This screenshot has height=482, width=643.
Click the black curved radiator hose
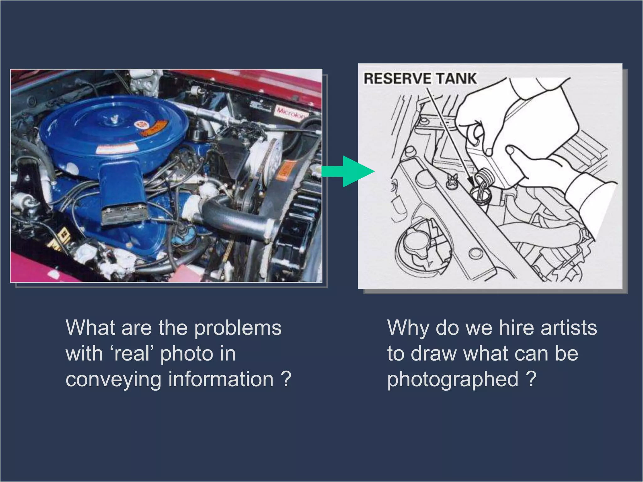(239, 220)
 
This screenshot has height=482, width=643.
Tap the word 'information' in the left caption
(221, 379)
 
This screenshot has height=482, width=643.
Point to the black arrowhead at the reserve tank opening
(471, 181)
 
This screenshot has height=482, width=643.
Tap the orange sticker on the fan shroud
(286, 171)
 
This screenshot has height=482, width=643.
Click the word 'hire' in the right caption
(517, 328)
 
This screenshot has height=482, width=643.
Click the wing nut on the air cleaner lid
(115, 119)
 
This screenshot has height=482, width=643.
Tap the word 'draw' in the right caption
(434, 354)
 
